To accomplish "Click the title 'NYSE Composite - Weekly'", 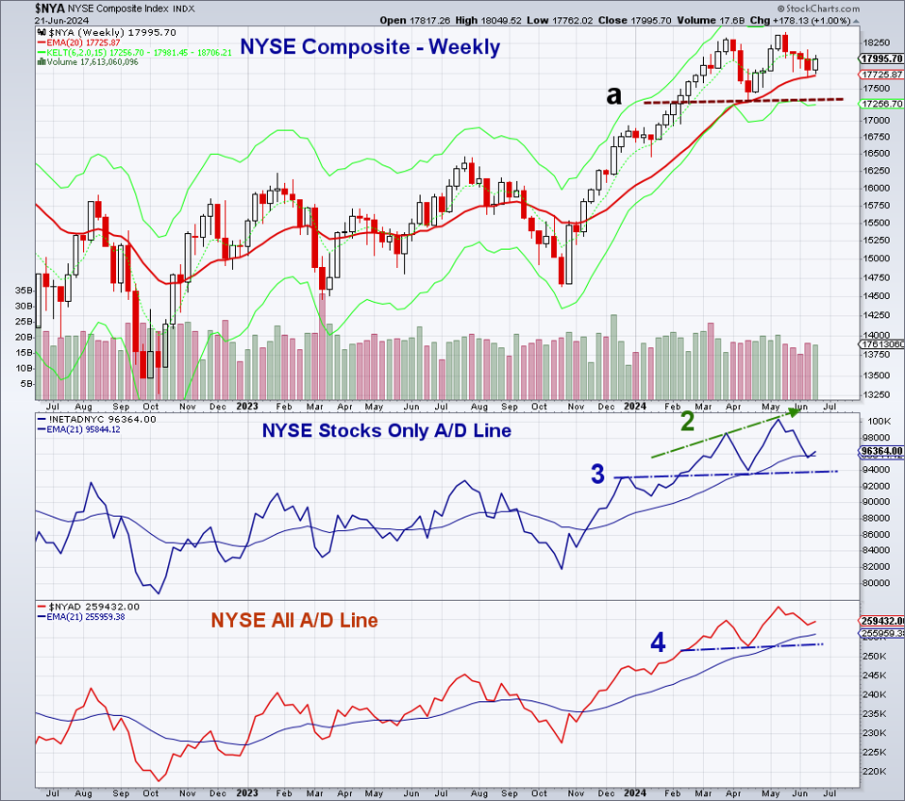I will coord(370,46).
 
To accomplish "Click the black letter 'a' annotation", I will coord(614,94).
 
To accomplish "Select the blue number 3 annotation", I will coord(597,475).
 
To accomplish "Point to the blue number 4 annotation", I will coord(658,643).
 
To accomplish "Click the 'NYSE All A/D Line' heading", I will coord(294,620).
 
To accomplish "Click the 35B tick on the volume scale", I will coord(24,291).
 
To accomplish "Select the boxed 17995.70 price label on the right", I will coord(881,58).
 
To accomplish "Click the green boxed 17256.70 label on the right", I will coord(881,103).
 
